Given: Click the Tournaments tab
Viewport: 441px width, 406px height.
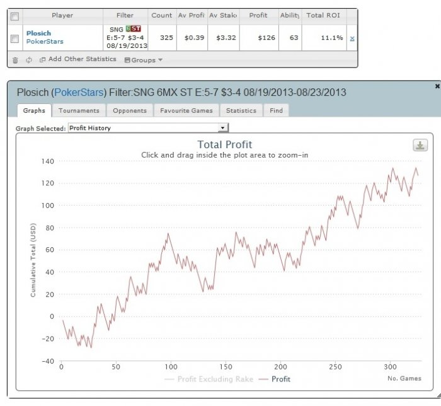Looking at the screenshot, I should pyautogui.click(x=79, y=110).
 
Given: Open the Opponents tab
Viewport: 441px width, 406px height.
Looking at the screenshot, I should pyautogui.click(x=129, y=110).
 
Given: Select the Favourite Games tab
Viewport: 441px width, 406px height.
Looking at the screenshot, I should pyautogui.click(x=186, y=110).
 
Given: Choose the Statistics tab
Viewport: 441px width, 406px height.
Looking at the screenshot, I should pyautogui.click(x=241, y=110).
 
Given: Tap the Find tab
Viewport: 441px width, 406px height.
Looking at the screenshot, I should pyautogui.click(x=276, y=110).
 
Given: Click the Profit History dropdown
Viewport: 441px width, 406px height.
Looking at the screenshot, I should pyautogui.click(x=148, y=128).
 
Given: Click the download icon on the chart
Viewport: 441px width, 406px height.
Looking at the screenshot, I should pyautogui.click(x=420, y=146).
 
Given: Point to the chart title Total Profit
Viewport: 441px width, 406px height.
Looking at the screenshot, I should pyautogui.click(x=224, y=144).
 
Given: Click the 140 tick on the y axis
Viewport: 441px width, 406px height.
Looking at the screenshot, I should pyautogui.click(x=48, y=161).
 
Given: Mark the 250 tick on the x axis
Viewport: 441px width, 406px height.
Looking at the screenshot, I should pyautogui.click(x=336, y=366).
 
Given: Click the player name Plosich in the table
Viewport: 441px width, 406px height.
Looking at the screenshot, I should pyautogui.click(x=39, y=33).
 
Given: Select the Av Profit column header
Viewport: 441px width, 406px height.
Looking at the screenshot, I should pyautogui.click(x=191, y=15).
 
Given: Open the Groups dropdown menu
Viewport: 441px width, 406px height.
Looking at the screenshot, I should pyautogui.click(x=144, y=61).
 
